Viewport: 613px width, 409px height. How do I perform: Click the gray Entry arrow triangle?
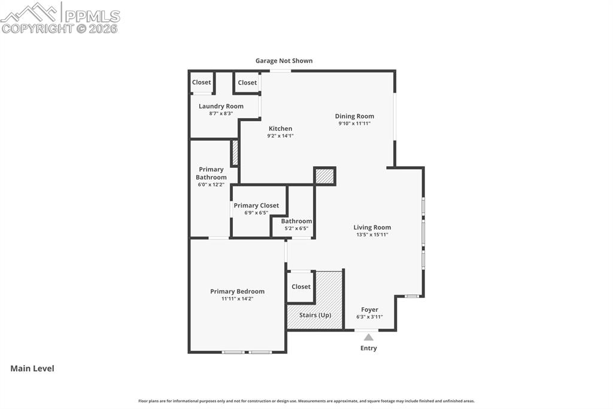368,337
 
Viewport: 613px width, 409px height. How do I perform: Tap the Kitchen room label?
280,128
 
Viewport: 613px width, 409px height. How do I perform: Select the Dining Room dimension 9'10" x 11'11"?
354,124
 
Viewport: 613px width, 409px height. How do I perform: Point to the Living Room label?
372,227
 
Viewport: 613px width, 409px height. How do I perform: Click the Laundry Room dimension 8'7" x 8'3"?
221,113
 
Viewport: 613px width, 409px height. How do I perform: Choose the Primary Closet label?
256,206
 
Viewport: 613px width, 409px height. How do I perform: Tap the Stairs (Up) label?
315,315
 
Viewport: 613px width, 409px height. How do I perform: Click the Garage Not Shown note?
284,61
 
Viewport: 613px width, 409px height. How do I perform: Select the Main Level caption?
32,368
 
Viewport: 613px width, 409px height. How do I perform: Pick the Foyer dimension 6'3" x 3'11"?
369,317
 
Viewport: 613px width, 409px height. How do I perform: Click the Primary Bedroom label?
237,291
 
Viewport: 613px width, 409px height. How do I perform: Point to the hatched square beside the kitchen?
325,176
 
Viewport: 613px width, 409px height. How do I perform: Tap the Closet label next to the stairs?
301,287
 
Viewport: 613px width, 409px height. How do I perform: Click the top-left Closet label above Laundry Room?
201,82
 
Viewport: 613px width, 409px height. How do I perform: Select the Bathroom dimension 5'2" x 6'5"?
296,228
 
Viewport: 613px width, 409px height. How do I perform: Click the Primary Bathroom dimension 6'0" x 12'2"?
211,185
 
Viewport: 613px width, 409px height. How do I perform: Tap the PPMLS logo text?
92,16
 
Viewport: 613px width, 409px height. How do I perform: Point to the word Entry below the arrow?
369,348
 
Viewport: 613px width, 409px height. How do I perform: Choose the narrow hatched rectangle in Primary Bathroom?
235,153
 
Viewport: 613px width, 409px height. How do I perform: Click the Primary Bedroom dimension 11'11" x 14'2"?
237,299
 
